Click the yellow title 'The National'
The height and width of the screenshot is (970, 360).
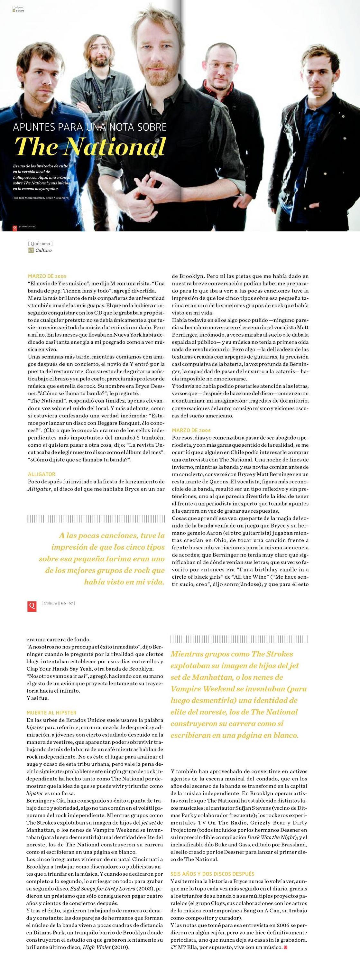(x=90, y=146)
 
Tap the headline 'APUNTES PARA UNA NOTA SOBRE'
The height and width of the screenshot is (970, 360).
(x=90, y=127)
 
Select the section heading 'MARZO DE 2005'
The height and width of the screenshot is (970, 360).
(x=47, y=276)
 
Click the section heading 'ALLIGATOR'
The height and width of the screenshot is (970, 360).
(x=42, y=474)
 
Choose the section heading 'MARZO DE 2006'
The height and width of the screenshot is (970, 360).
(x=191, y=430)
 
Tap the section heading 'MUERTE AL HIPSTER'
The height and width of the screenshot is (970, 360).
(x=51, y=713)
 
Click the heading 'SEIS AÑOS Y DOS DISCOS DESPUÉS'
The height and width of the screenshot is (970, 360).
(x=212, y=873)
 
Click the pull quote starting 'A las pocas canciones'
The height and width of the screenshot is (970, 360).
(x=102, y=558)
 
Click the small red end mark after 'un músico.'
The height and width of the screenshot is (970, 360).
(x=285, y=947)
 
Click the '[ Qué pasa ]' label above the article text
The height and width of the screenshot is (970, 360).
(x=40, y=244)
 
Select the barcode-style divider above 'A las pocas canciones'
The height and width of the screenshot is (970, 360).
(x=96, y=519)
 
